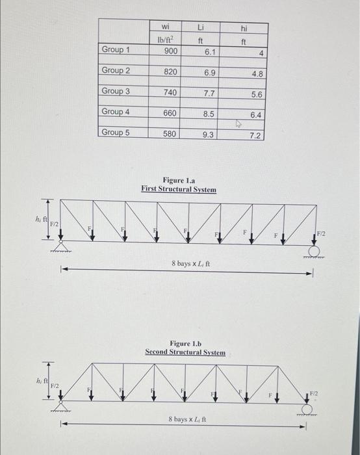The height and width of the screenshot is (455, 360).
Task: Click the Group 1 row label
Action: (116, 50)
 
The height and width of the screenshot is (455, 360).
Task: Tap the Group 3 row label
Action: (116, 92)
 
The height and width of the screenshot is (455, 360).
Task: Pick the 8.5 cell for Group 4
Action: (209, 114)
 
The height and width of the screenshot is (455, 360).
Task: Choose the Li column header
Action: (201, 27)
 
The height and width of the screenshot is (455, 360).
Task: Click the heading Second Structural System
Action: (185, 352)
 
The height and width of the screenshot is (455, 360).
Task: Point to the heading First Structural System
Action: (179, 189)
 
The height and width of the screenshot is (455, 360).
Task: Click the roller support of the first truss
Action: (315, 252)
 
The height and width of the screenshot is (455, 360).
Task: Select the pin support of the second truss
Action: (60, 406)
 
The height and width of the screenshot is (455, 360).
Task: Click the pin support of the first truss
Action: (60, 246)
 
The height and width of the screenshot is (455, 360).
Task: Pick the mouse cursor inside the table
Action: (237, 122)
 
